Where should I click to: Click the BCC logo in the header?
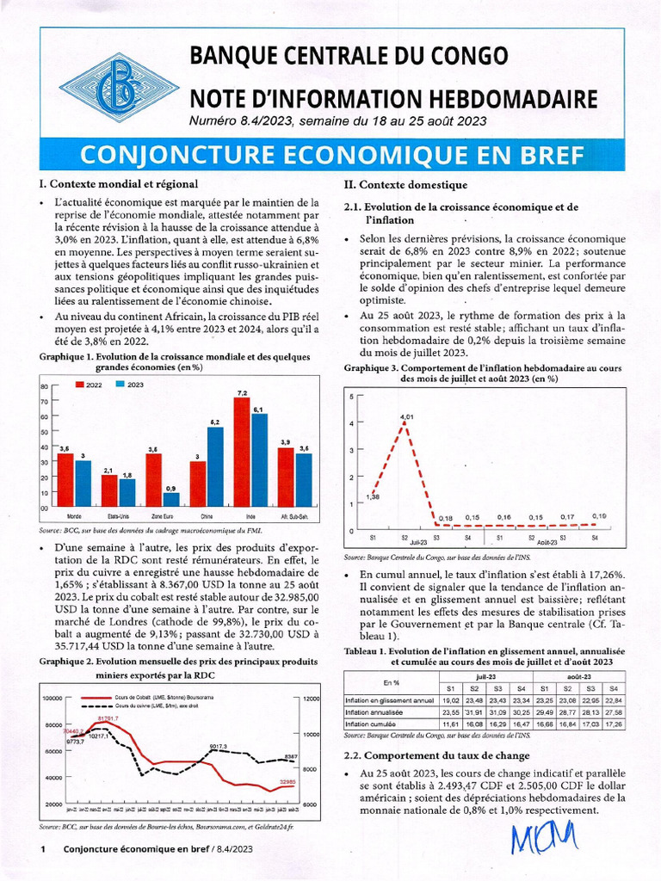click(x=118, y=88)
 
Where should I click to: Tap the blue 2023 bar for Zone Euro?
click(x=171, y=499)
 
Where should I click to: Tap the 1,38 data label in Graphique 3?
click(x=373, y=497)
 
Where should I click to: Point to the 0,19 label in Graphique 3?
click(x=599, y=515)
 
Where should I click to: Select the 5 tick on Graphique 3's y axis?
click(x=351, y=396)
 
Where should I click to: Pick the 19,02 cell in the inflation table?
click(x=450, y=700)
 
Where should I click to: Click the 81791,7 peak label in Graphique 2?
click(x=108, y=718)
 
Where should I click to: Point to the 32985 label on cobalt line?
click(x=288, y=782)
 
